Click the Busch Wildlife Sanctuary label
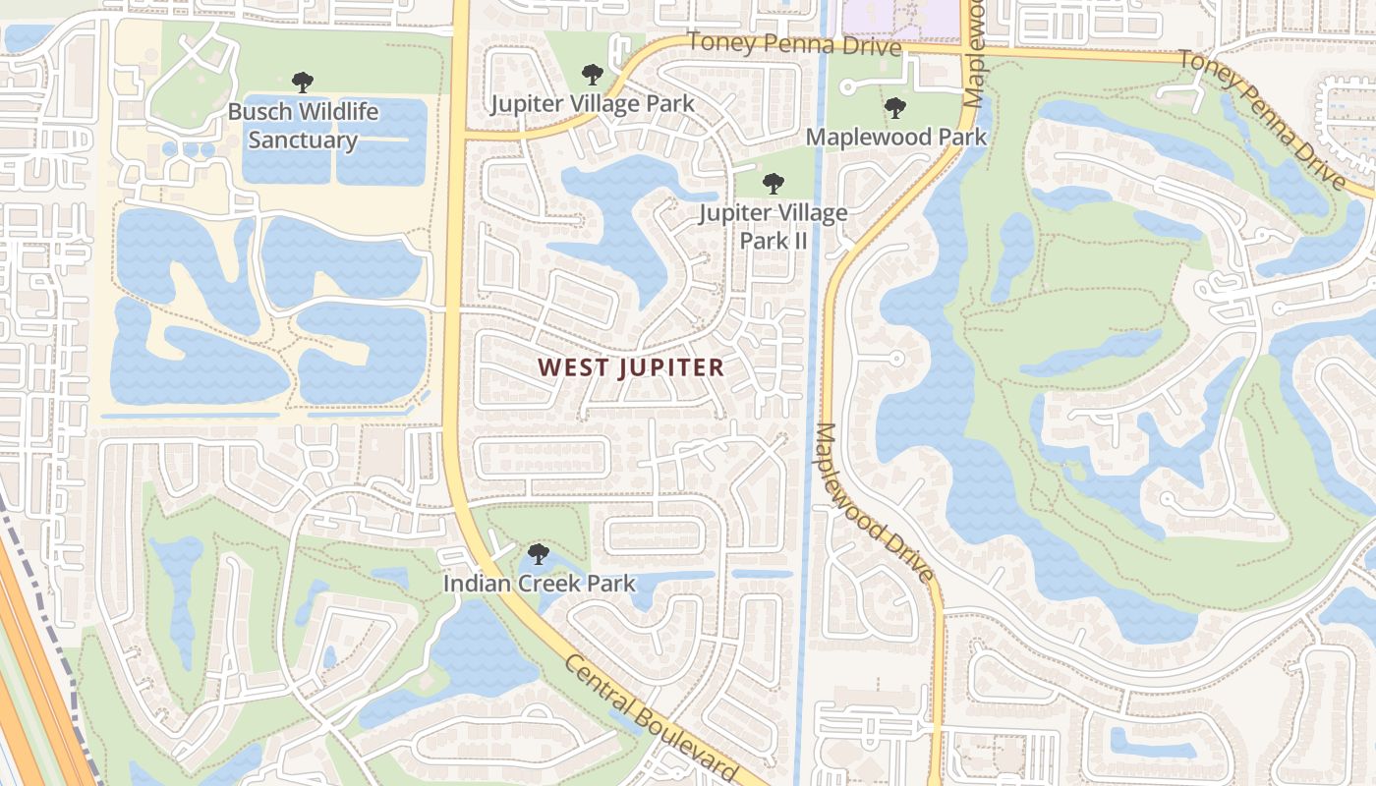pos(303,125)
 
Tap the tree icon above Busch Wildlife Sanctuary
pos(303,83)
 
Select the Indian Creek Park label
pos(539,584)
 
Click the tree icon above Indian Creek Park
pos(538,554)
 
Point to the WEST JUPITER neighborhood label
pos(631,367)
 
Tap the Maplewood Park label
pos(895,137)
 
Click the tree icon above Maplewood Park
pos(894,107)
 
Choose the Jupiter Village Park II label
pos(773,225)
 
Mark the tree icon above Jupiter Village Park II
pos(774,183)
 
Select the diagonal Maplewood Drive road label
pos(872,502)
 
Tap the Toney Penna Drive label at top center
pos(793,44)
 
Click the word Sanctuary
pos(303,140)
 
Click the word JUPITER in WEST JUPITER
pos(672,367)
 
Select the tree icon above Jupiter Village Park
pos(592,74)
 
